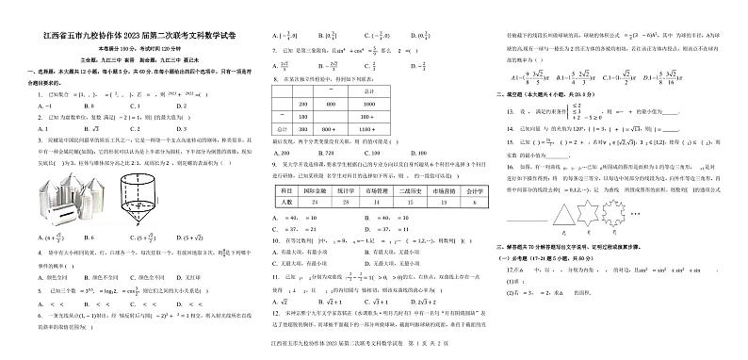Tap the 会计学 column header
point(473,192)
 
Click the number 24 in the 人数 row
point(312,203)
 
